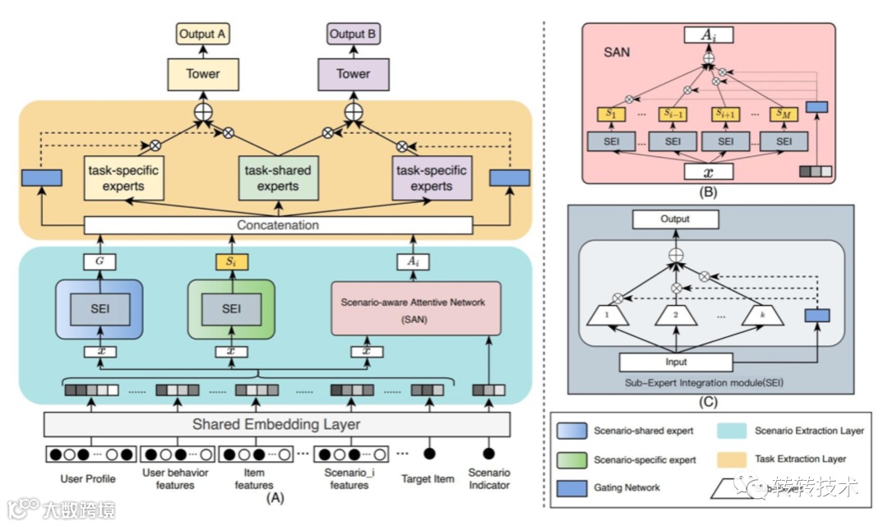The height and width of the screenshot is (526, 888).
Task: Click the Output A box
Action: [x=202, y=35]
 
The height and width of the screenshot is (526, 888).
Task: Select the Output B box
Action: [x=354, y=35]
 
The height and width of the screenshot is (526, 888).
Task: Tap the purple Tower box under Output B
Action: [x=354, y=74]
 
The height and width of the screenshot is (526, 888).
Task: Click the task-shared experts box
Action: [x=279, y=178]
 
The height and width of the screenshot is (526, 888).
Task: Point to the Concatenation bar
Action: [x=278, y=224]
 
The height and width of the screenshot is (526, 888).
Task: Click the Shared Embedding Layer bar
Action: [x=276, y=424]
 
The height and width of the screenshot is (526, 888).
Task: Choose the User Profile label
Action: [x=88, y=478]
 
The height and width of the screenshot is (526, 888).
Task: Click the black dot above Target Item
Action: [x=428, y=454]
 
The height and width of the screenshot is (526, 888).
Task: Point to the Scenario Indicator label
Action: [x=488, y=478]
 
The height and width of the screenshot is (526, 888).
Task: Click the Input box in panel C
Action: [x=676, y=362]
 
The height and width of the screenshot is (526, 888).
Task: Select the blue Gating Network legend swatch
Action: [x=569, y=487]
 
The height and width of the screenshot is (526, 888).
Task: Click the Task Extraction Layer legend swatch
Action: [x=731, y=459]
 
